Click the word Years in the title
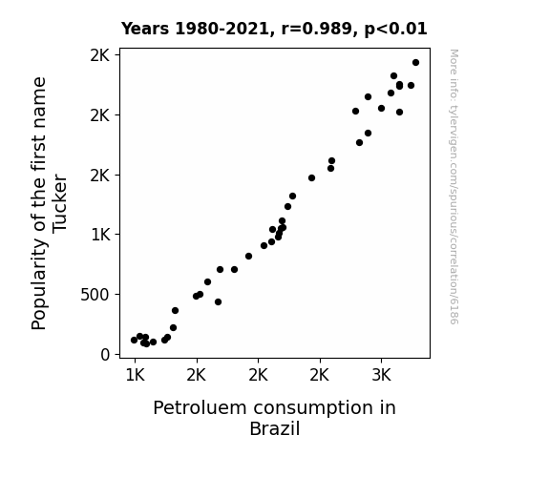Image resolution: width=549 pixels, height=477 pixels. coord(145,29)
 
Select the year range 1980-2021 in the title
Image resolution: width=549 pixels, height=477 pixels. coord(222,29)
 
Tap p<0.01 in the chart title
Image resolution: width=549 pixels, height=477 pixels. coord(395,30)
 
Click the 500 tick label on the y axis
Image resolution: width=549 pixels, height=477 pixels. coord(95,295)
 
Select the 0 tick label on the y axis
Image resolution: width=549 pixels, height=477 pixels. coord(105,355)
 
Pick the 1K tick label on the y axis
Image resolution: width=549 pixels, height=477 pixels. coord(100,235)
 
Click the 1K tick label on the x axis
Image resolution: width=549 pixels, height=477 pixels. coord(135,375)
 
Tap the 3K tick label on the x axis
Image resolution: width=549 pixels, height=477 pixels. coord(381,375)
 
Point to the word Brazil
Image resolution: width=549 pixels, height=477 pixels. coord(275,428)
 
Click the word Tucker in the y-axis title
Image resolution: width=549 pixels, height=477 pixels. coord(59,203)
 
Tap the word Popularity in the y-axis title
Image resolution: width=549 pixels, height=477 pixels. coord(39,284)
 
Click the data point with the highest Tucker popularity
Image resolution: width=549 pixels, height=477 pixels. coord(415,63)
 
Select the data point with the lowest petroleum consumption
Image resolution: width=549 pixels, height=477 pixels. coord(134,341)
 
